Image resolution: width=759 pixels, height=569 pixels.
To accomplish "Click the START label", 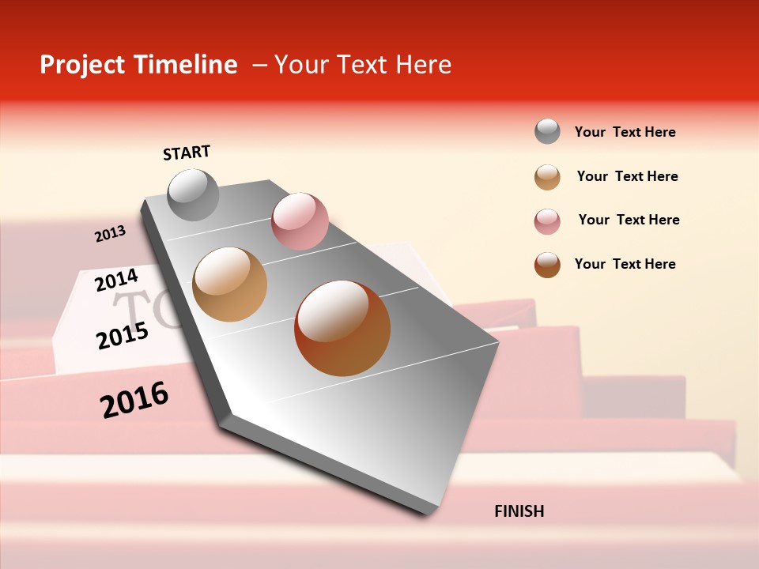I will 187,153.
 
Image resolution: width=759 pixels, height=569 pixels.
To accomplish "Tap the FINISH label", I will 519,511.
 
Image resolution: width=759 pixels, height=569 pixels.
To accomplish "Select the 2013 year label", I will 110,234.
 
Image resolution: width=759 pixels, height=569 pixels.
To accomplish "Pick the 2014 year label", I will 116,280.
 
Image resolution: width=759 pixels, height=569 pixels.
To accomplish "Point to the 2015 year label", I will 122,336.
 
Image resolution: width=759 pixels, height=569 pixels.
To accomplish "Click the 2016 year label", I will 134,400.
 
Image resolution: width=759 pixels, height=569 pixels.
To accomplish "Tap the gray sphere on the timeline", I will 194,194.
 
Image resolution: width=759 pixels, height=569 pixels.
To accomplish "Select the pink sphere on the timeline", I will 300,220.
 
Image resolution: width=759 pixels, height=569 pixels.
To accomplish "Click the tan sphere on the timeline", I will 229,284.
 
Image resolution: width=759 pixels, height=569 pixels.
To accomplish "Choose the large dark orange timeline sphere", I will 342,328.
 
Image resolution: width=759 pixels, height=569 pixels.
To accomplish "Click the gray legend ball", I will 547,131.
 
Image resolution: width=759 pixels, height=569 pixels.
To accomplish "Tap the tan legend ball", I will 547,177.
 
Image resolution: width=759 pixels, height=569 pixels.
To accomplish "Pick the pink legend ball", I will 547,221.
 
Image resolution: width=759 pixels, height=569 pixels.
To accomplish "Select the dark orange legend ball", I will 547,265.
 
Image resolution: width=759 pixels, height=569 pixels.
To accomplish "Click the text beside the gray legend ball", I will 625,132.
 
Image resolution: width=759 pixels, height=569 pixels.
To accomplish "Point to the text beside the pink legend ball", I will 629,220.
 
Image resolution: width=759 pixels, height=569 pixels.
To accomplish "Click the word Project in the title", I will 83,65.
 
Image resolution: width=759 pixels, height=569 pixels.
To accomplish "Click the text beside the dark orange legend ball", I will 625,264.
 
